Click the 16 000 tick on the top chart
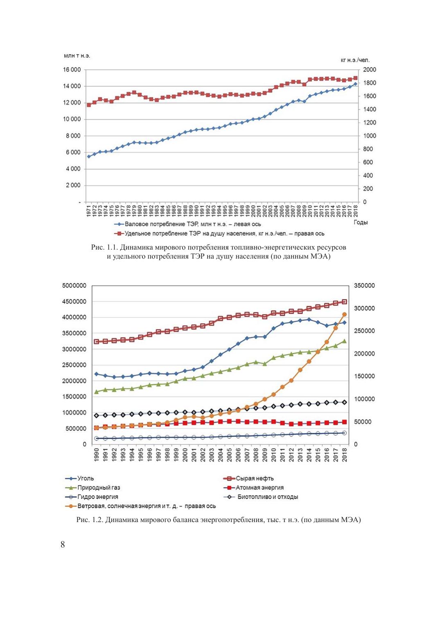[x=72, y=70]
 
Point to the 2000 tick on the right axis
[x=369, y=70]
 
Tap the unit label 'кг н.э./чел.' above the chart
[x=355, y=60]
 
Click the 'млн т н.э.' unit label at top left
[x=77, y=56]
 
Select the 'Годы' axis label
[x=361, y=222]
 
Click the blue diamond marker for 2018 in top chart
[x=355, y=84]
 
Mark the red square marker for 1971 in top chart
[x=89, y=105]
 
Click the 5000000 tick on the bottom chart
[x=74, y=286]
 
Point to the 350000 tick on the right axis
[x=365, y=286]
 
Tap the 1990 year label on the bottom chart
[x=97, y=454]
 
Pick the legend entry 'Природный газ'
[x=99, y=488]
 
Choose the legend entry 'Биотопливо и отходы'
[x=268, y=497]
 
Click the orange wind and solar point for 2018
[x=345, y=314]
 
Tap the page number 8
[x=63, y=545]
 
